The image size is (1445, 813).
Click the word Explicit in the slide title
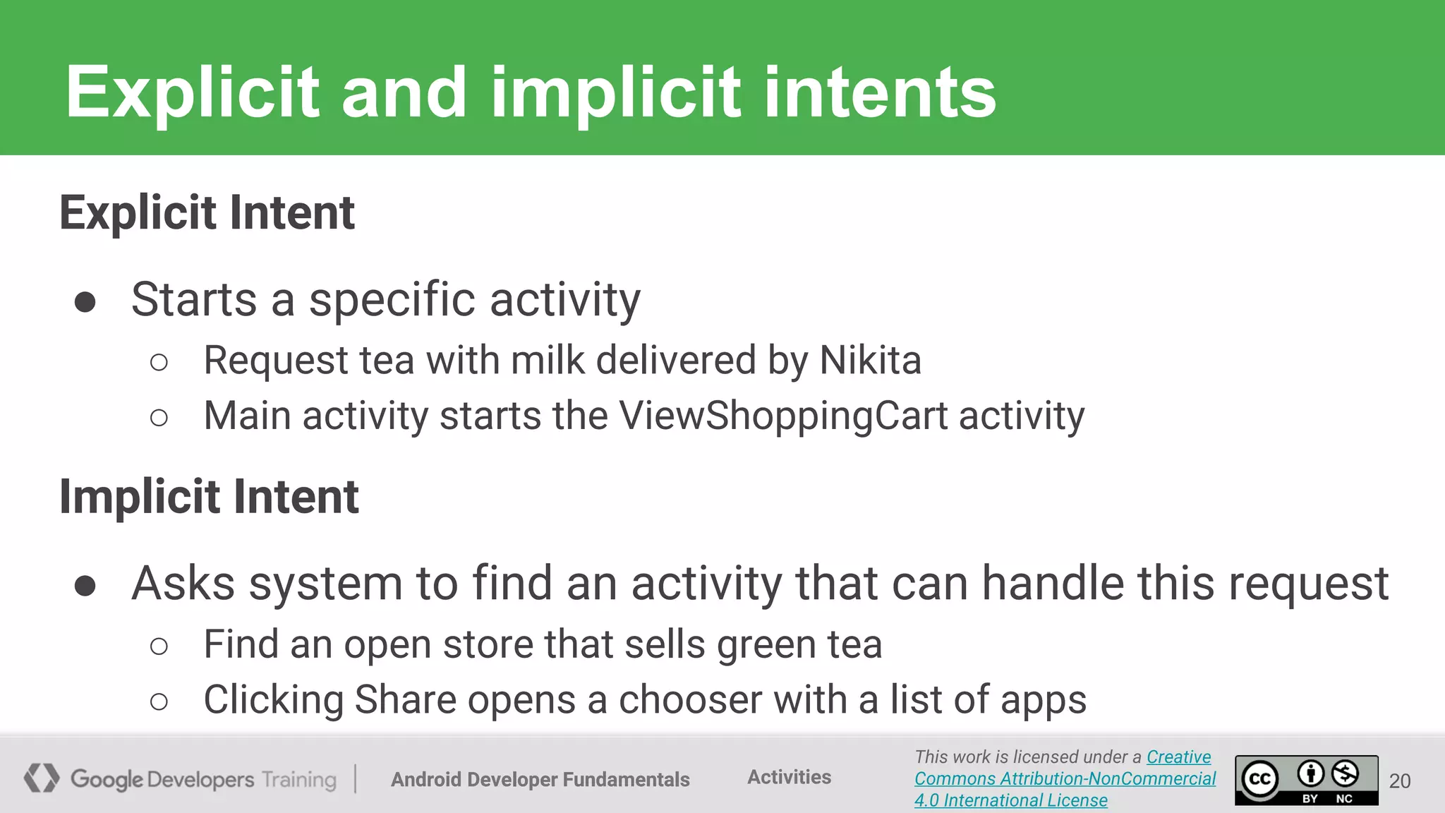192,92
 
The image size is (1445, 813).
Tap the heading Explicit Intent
207,212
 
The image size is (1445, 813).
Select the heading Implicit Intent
209,496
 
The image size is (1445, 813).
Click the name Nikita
870,360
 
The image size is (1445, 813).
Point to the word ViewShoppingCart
783,416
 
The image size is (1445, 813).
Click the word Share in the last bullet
405,700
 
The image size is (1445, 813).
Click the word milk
548,360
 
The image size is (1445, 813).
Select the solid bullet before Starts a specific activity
85,303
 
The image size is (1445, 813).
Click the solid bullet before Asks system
85,586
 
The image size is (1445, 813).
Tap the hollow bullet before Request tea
159,363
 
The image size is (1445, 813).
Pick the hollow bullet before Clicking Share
159,701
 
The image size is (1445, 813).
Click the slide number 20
1400,781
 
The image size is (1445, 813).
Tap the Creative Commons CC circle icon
1260,780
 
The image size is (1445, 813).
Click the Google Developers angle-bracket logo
41,778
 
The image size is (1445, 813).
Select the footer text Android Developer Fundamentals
540,779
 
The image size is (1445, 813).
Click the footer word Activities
789,777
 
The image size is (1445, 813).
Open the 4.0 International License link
1010,800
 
